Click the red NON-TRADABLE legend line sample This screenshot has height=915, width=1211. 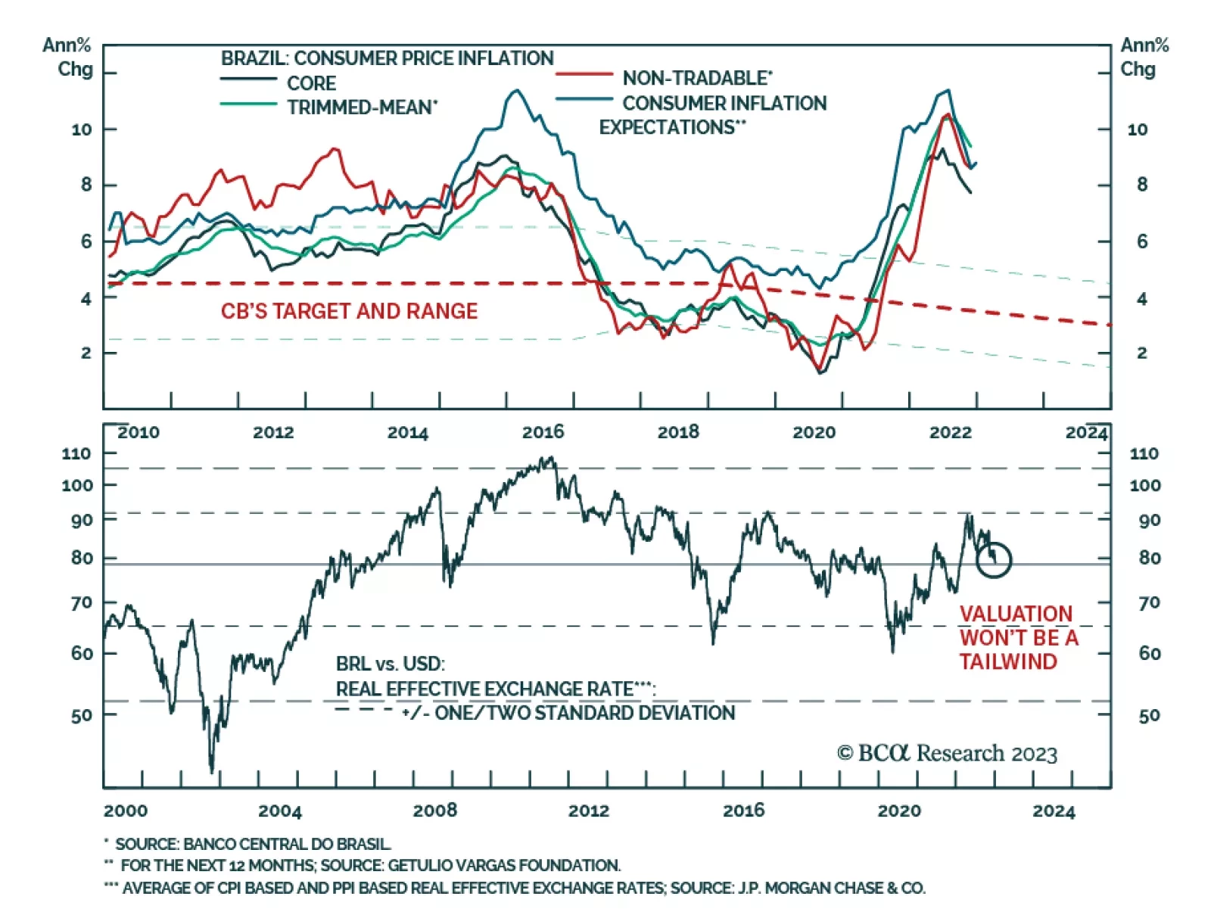pyautogui.click(x=584, y=75)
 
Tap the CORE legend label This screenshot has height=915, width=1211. pyautogui.click(x=311, y=83)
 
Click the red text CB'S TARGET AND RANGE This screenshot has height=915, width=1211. pyautogui.click(x=349, y=311)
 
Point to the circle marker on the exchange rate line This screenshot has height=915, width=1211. pyautogui.click(x=994, y=560)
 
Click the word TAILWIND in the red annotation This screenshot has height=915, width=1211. pyautogui.click(x=1008, y=661)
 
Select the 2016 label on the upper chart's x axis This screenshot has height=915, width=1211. pyautogui.click(x=543, y=432)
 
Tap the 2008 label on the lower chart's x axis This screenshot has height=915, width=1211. pyautogui.click(x=434, y=811)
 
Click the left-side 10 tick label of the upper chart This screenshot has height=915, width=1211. pyautogui.click(x=81, y=129)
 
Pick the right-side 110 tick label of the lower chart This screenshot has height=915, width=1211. pyautogui.click(x=1144, y=453)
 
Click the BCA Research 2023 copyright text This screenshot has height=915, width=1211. pyautogui.click(x=947, y=753)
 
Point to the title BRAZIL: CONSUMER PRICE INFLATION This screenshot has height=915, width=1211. pyautogui.click(x=387, y=58)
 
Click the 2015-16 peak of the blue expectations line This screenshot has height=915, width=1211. pyautogui.click(x=517, y=91)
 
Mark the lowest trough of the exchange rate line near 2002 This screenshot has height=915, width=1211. pyautogui.click(x=211, y=771)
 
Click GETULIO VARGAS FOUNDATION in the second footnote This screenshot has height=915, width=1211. pyautogui.click(x=504, y=865)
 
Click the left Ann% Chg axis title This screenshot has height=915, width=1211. pyautogui.click(x=67, y=57)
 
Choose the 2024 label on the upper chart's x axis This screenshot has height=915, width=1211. pyautogui.click(x=1086, y=432)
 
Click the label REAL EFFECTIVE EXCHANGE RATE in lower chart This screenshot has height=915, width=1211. pyautogui.click(x=484, y=689)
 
